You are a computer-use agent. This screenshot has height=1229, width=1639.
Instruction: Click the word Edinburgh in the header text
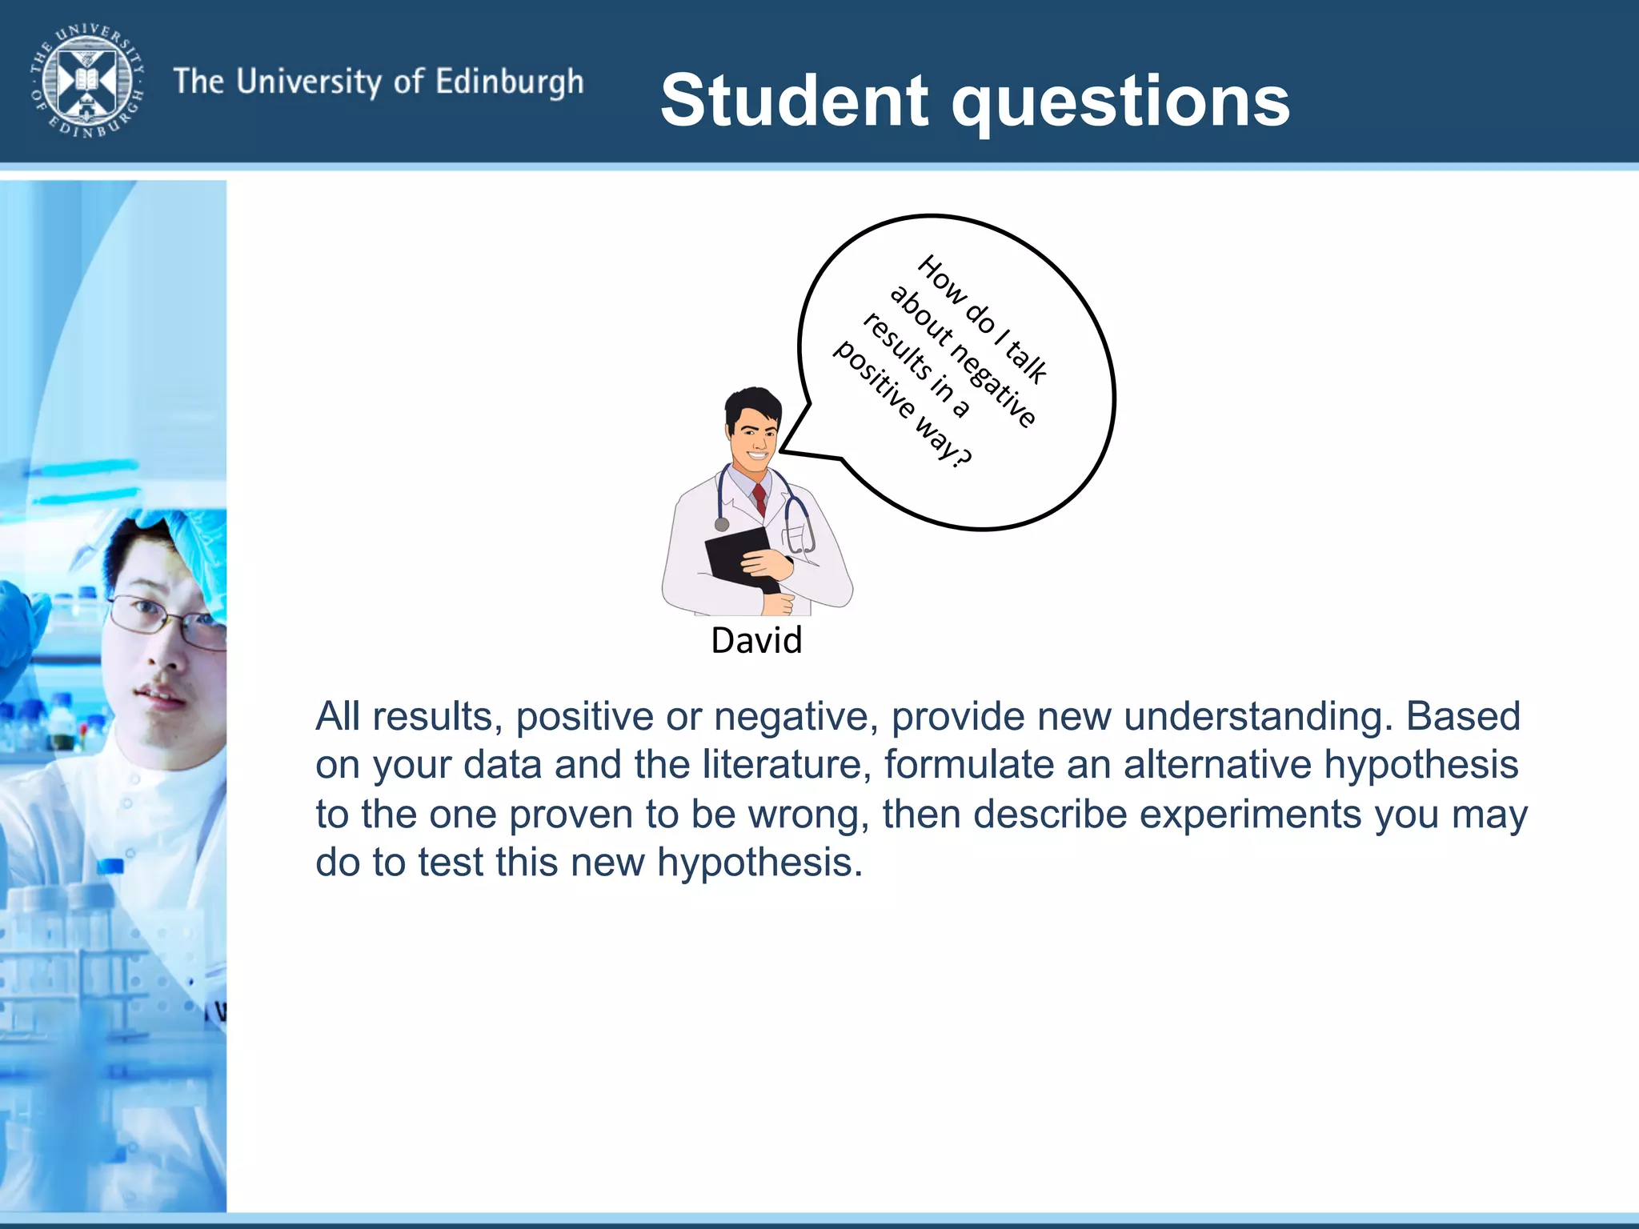point(510,82)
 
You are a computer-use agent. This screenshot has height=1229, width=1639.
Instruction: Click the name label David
point(756,640)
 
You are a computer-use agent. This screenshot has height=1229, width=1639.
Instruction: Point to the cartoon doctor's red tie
point(759,498)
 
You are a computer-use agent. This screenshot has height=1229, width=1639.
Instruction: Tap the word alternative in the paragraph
point(1217,764)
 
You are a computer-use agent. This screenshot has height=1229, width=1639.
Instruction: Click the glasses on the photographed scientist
point(172,620)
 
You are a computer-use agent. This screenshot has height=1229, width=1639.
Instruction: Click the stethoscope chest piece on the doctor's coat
point(722,524)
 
